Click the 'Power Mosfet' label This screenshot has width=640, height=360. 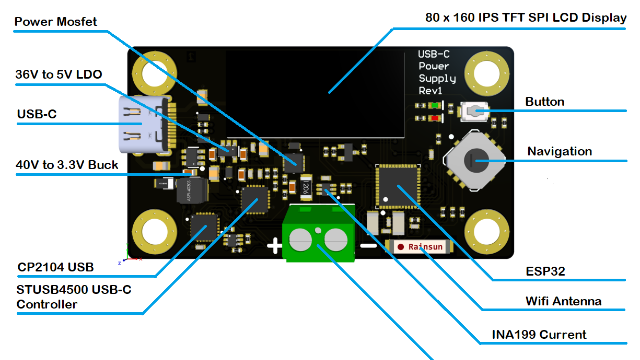click(x=56, y=22)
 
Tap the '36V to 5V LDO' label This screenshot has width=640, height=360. click(x=59, y=74)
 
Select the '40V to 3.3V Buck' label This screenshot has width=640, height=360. click(x=67, y=165)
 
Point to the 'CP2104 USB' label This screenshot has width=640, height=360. click(x=56, y=267)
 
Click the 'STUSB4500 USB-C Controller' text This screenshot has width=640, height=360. click(x=74, y=297)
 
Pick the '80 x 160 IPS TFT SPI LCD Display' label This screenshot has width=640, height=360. click(x=526, y=18)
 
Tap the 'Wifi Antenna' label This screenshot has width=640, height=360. click(x=563, y=301)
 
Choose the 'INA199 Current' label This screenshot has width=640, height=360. click(x=539, y=335)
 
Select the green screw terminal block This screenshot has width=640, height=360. click(x=318, y=233)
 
